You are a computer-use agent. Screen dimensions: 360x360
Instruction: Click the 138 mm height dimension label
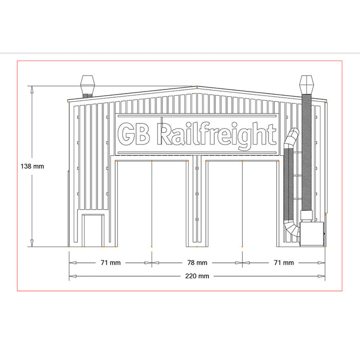32,167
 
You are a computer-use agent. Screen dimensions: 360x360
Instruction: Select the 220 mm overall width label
197,276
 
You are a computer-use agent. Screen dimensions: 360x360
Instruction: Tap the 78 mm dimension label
197,263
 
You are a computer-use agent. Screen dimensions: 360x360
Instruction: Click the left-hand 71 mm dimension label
110,263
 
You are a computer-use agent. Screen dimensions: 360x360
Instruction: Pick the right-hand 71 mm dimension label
283,263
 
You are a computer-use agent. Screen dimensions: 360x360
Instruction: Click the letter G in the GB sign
127,135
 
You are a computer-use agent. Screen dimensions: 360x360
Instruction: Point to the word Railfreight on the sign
216,135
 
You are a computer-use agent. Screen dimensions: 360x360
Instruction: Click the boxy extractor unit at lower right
312,235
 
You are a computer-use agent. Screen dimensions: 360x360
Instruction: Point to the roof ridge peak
197,87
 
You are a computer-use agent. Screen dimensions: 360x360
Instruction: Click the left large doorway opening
152,203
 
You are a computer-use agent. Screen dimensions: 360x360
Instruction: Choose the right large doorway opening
242,203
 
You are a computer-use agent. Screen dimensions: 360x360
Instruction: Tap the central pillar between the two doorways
197,201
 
